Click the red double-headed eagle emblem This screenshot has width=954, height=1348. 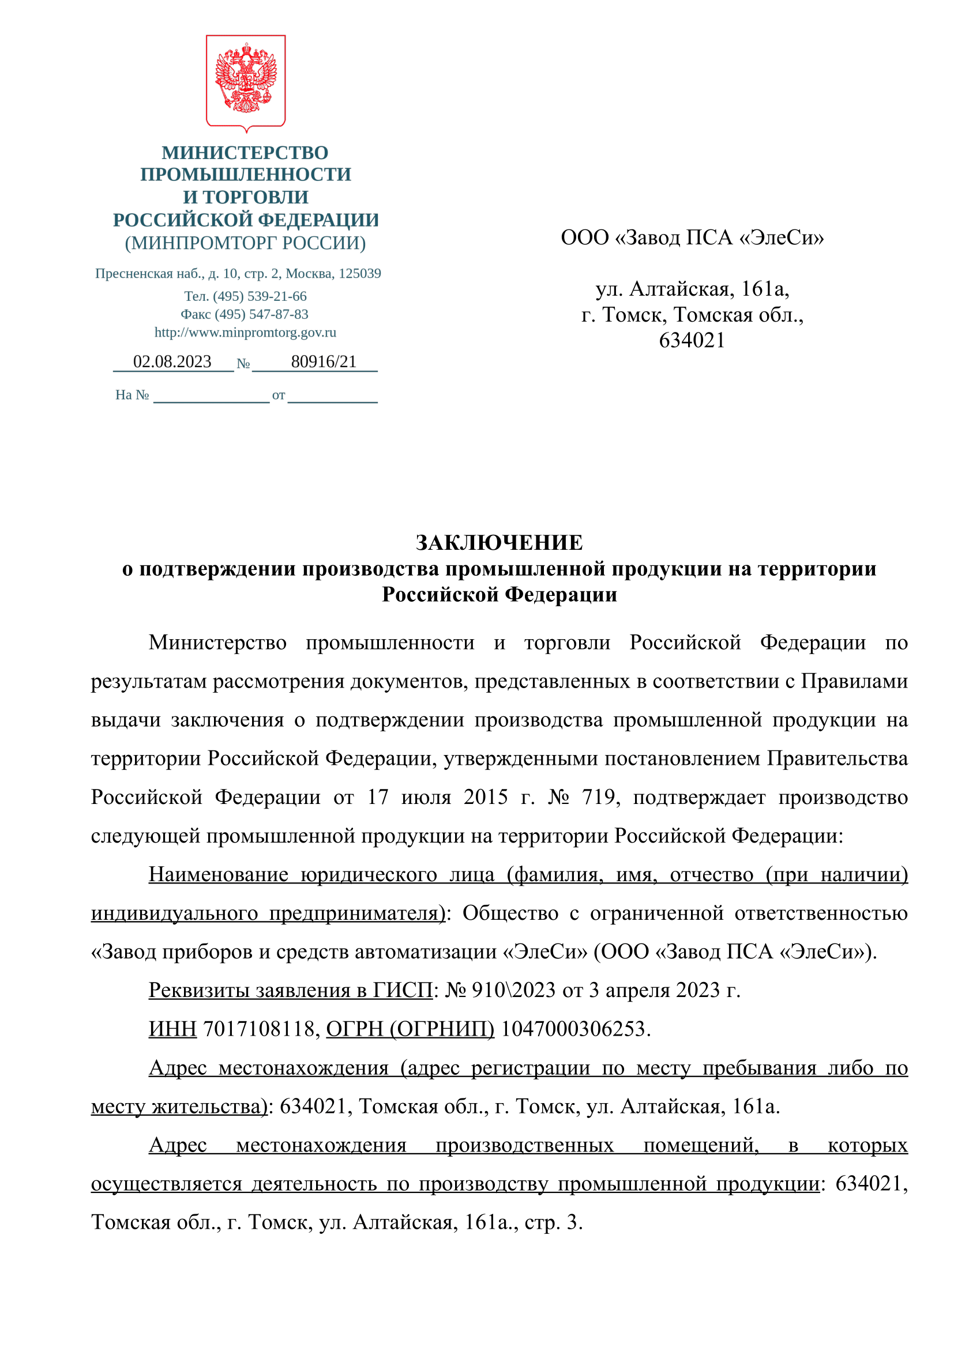[246, 79]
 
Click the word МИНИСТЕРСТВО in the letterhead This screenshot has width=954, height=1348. [245, 153]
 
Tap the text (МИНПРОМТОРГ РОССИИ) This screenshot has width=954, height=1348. [245, 243]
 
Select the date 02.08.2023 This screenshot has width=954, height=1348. [172, 362]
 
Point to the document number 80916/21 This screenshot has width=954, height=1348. [324, 362]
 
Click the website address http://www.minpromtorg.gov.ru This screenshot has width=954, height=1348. [245, 333]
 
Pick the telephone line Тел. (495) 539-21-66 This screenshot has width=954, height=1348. [245, 296]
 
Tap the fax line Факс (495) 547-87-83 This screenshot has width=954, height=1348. [245, 314]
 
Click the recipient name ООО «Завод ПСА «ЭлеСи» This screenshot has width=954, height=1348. [692, 237]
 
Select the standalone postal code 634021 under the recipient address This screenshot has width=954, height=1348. [692, 341]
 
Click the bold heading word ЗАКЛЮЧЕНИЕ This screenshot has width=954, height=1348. [499, 542]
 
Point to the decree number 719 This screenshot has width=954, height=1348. [598, 797]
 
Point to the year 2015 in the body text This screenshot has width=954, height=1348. [485, 797]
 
